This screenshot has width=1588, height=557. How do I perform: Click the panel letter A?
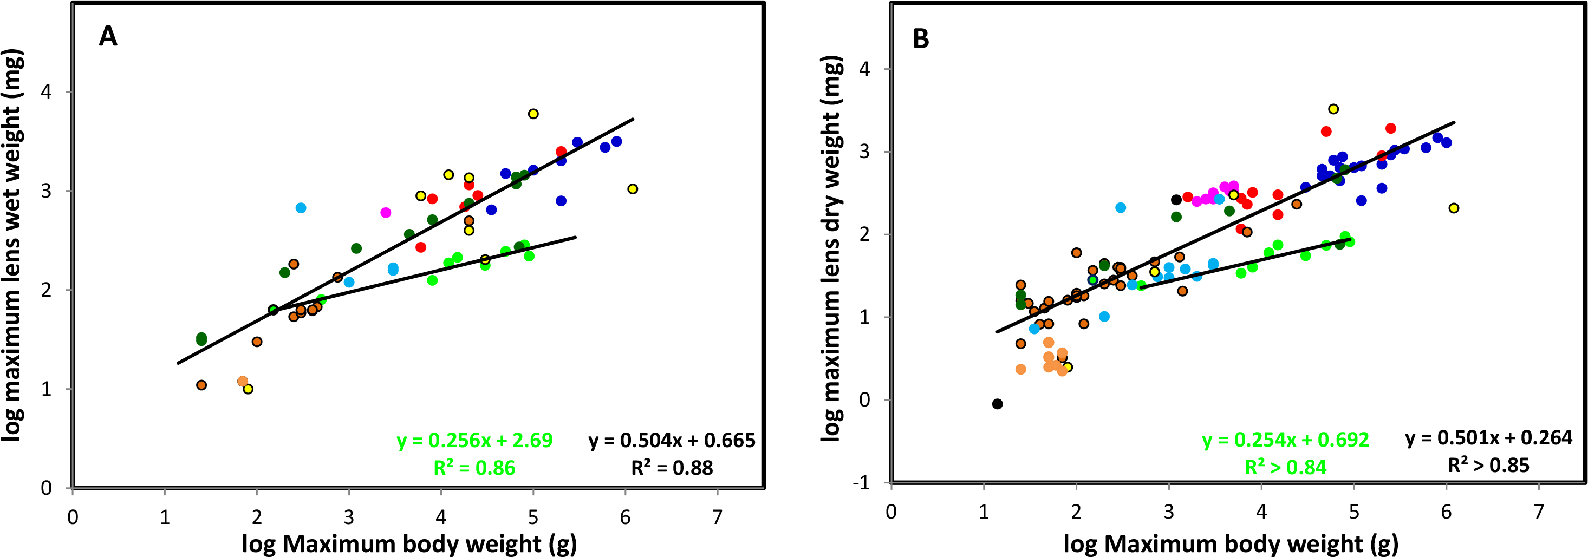(108, 37)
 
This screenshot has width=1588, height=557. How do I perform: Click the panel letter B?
(920, 39)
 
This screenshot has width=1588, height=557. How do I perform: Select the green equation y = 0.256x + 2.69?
(474, 440)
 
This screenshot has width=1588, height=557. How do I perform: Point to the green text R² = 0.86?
(474, 468)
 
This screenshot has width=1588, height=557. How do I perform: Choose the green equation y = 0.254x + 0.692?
(1285, 440)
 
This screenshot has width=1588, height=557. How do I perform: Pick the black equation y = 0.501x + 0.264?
(1489, 437)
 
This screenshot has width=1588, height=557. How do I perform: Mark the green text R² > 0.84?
(1285, 467)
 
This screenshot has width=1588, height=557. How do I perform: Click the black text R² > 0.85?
(1488, 464)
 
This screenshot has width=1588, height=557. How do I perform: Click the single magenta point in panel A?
(386, 213)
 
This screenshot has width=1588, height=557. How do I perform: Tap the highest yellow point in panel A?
(533, 114)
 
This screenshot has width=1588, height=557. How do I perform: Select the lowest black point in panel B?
(998, 404)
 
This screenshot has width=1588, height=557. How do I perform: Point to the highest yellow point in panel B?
(1333, 109)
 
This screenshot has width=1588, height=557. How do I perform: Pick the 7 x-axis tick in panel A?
(717, 517)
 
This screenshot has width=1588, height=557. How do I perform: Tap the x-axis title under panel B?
(1231, 543)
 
